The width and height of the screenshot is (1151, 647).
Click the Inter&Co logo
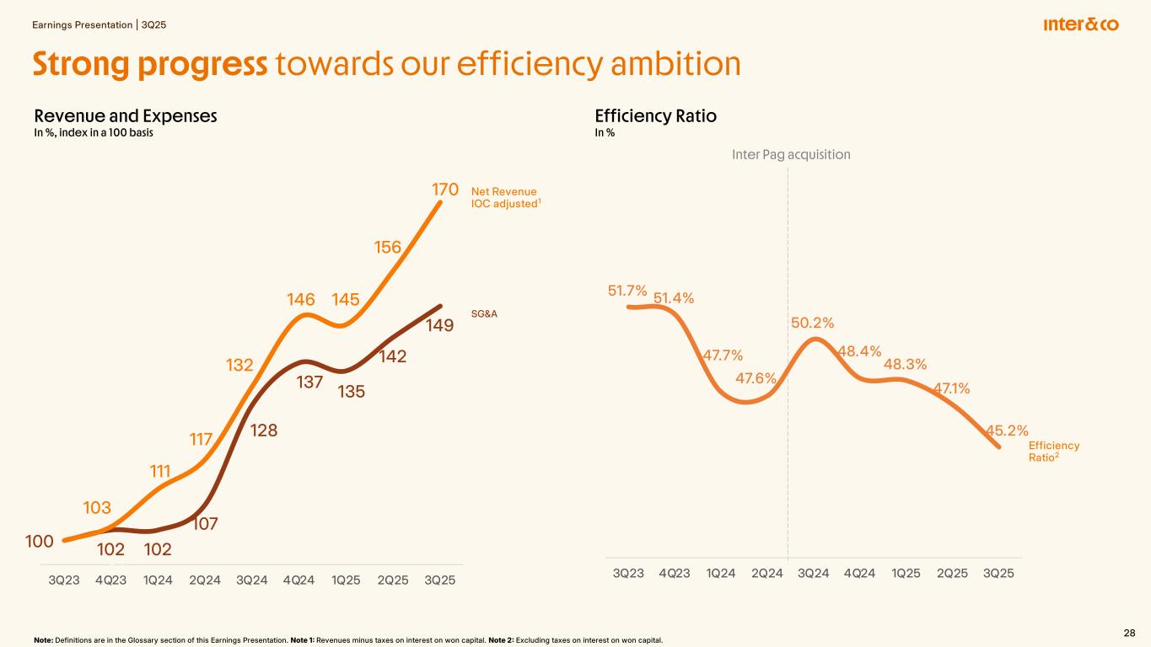click(1080, 24)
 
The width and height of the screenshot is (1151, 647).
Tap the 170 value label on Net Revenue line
click(444, 187)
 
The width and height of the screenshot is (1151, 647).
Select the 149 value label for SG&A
click(441, 324)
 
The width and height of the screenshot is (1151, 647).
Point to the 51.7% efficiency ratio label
click(627, 291)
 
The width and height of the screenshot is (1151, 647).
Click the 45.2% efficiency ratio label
click(1007, 430)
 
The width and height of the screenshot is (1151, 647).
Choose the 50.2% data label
click(812, 323)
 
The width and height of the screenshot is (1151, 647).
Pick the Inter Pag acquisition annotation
click(790, 154)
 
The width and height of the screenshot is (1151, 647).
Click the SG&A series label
click(483, 313)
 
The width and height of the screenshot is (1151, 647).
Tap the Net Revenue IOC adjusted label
click(503, 198)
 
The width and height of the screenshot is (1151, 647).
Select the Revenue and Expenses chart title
click(126, 116)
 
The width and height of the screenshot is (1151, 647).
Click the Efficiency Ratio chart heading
click(655, 116)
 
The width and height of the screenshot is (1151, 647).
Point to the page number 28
click(1129, 633)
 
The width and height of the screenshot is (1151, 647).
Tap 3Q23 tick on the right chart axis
click(628, 573)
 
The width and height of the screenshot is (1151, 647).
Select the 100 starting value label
click(40, 541)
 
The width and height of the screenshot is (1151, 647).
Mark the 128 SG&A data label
click(265, 430)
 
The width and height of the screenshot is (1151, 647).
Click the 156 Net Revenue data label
click(388, 247)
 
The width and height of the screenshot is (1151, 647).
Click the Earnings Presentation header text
click(83, 24)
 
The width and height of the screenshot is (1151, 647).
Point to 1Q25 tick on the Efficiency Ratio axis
click(906, 573)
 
